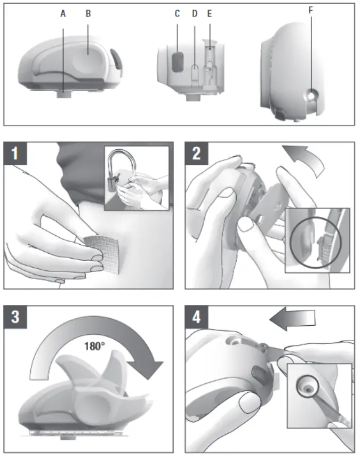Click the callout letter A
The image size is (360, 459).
click(x=63, y=14)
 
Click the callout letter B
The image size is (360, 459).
click(x=88, y=14)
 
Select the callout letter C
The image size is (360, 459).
click(x=177, y=14)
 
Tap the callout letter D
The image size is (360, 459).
click(x=195, y=14)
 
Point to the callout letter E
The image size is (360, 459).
click(x=210, y=14)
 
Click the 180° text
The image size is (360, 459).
click(x=94, y=345)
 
